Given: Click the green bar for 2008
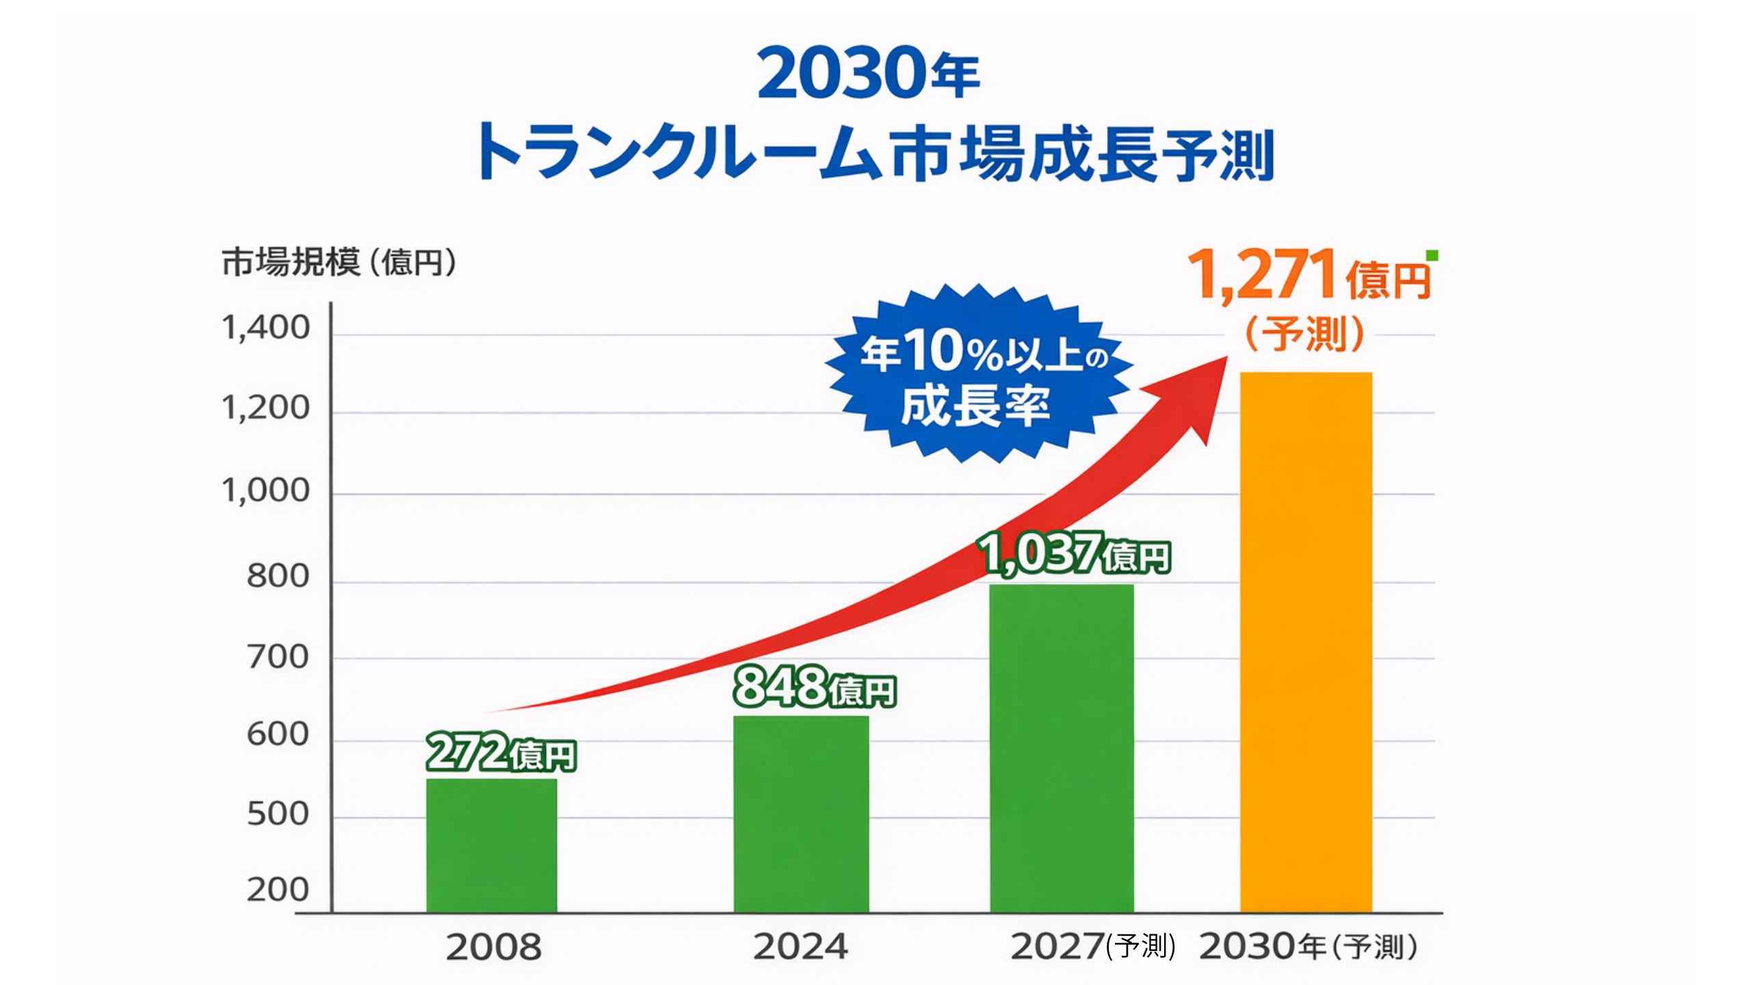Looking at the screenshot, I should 491,845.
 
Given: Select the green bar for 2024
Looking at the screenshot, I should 801,814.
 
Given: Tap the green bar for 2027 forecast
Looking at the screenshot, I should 1062,748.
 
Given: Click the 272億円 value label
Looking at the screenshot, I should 501,752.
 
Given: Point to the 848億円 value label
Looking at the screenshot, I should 814,687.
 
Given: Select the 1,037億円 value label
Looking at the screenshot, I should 1074,553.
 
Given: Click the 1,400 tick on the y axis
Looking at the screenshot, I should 265,328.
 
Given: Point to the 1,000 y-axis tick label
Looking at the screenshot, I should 265,490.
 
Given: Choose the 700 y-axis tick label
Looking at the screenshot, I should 278,657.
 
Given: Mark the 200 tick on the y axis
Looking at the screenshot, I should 278,890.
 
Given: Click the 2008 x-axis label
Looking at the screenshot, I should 493,947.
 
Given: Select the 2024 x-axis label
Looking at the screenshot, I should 800,947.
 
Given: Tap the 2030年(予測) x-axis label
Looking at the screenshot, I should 1308,947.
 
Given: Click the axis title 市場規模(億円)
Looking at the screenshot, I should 339,262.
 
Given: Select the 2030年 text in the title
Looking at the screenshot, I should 867,73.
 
